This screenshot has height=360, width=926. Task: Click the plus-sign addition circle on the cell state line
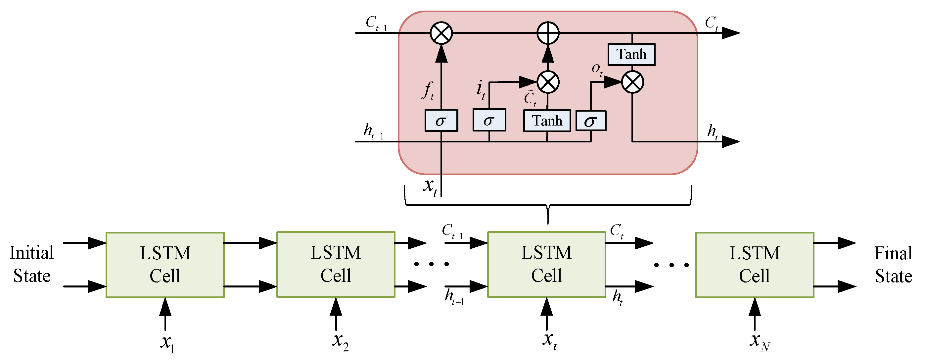(x=547, y=33)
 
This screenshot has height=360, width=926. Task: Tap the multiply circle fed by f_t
(x=441, y=33)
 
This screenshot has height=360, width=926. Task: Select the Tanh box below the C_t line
(x=631, y=55)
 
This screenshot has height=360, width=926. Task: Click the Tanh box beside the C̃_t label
(x=547, y=121)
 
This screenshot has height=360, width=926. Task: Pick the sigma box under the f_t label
(x=441, y=121)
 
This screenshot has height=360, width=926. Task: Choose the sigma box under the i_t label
(x=489, y=121)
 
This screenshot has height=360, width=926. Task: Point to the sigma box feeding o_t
(x=591, y=121)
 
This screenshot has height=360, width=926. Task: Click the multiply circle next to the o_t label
(x=632, y=82)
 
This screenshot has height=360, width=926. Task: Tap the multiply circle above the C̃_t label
(x=547, y=82)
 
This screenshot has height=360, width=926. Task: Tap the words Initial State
(x=32, y=264)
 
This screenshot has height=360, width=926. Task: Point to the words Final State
(x=893, y=265)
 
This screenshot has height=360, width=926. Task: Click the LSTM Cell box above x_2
(x=336, y=265)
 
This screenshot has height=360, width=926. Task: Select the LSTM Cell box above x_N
(x=755, y=265)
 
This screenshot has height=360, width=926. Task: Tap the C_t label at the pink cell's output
(x=711, y=24)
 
